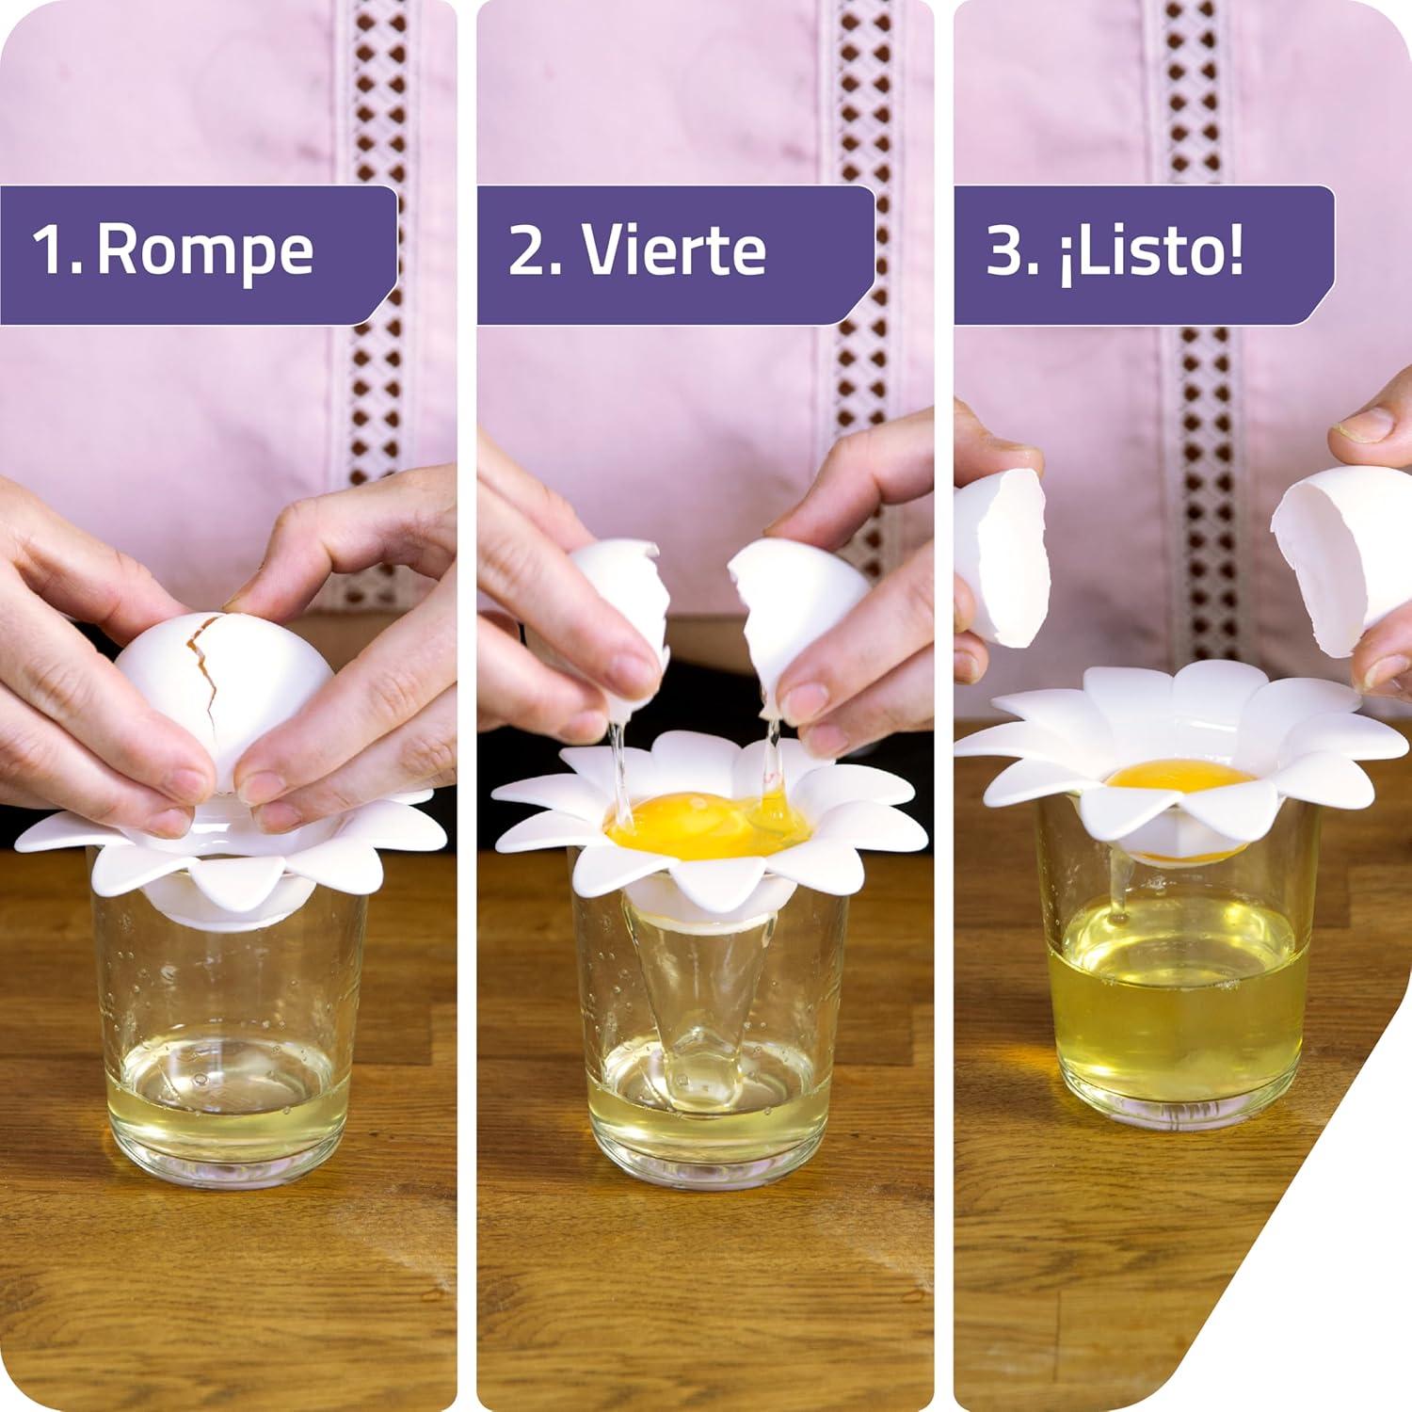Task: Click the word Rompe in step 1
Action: [205, 250]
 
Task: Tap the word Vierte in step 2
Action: [673, 250]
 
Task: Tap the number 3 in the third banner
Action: [1004, 250]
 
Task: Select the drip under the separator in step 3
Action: [1117, 890]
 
